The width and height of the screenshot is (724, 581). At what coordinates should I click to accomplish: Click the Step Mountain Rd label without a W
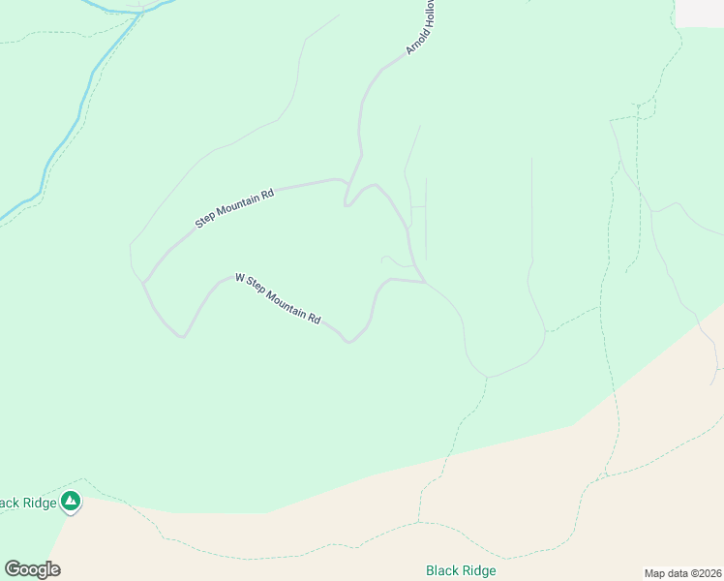(x=234, y=207)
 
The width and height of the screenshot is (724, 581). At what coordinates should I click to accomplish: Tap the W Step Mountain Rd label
(x=277, y=298)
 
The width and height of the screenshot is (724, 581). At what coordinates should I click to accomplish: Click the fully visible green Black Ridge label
(x=461, y=570)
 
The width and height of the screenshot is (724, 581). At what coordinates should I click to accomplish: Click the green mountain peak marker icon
(x=70, y=501)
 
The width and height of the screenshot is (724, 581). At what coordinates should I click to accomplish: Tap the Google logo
(x=32, y=569)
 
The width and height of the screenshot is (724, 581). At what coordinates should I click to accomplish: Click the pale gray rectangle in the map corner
(x=699, y=13)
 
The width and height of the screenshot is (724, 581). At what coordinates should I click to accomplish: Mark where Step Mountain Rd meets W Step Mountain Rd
(x=144, y=282)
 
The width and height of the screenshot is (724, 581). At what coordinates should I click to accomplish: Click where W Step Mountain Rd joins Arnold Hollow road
(x=423, y=282)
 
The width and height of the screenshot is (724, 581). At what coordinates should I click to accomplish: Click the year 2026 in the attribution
(x=709, y=573)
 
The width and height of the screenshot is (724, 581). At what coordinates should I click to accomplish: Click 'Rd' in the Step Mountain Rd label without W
(x=267, y=194)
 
